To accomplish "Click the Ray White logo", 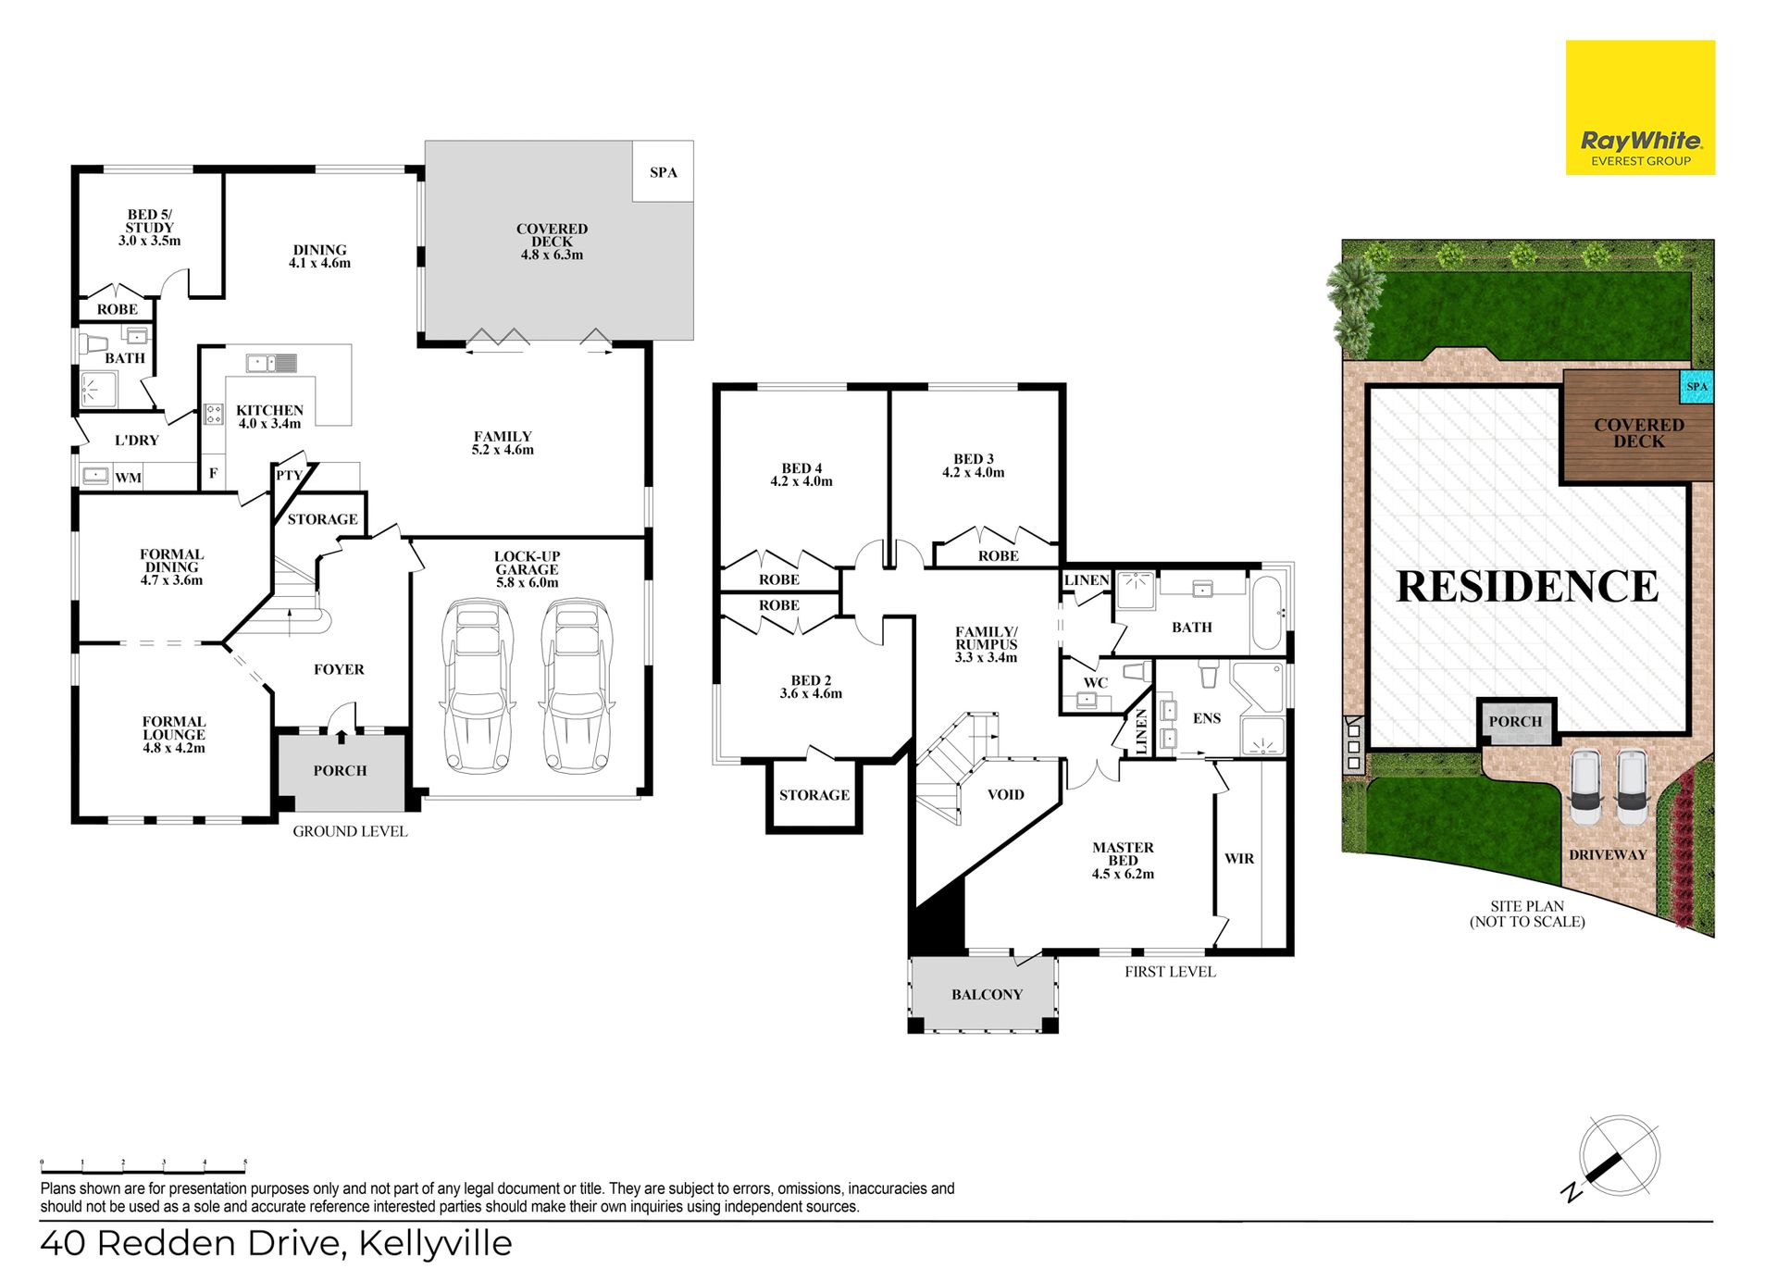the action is (1640, 107).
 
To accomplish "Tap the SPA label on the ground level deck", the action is (663, 172).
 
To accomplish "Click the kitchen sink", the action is (271, 363).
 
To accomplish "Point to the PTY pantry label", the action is (289, 476).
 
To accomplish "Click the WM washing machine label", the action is (128, 478).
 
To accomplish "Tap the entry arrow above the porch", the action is (342, 736).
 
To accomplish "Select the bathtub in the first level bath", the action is (1266, 613).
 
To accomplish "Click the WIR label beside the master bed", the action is (1239, 859).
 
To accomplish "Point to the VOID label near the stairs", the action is (1006, 794).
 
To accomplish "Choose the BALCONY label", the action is (987, 994).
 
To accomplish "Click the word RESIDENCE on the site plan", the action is (1527, 586).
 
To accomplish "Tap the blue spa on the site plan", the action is (1696, 387).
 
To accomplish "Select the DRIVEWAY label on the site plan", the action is (1608, 854).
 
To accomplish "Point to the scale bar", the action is (143, 1168).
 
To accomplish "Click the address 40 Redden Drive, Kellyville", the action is (276, 1243).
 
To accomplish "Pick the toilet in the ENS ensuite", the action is (1209, 673).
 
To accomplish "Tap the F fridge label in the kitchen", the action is (213, 473).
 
